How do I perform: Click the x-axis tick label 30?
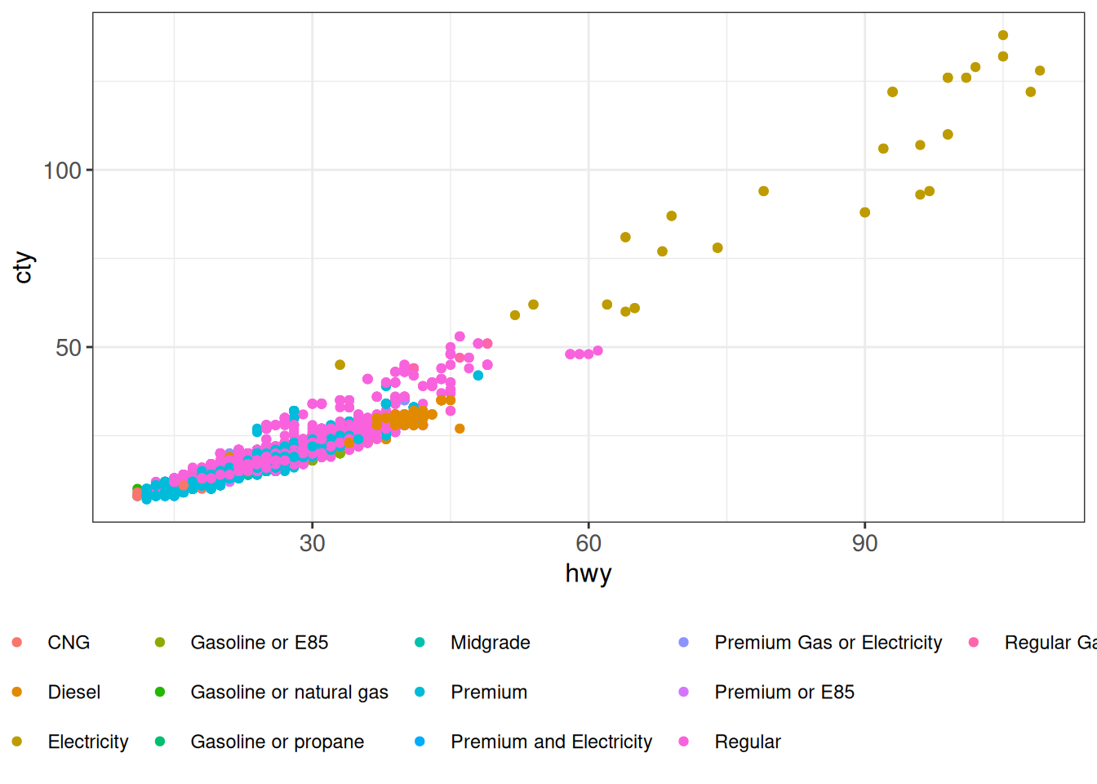coord(312,543)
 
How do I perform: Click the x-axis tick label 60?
coord(588,543)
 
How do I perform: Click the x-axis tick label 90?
coord(864,543)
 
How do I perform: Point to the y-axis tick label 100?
coord(62,171)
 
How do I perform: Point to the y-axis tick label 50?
coord(69,348)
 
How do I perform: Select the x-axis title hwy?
coord(588,573)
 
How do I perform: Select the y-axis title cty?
coord(23,267)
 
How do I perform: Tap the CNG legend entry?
coord(69,643)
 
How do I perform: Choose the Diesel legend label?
coord(74,693)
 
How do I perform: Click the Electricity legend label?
coord(88,742)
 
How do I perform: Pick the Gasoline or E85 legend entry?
coord(259,643)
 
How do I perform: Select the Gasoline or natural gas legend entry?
coord(289,693)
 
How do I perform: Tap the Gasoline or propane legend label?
coord(277,742)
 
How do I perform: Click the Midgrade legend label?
coord(490,643)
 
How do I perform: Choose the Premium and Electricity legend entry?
coord(551,742)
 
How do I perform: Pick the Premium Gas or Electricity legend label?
coord(828,643)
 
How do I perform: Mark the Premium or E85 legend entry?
coord(784,693)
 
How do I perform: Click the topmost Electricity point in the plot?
coord(1003,35)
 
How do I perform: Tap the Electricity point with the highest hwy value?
coord(1040,71)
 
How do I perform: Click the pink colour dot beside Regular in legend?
coord(684,742)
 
